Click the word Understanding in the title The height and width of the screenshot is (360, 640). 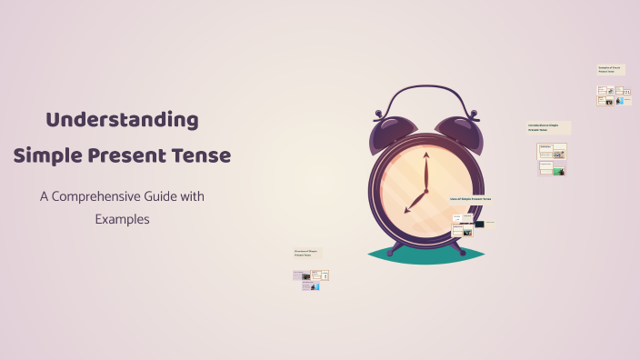(122, 119)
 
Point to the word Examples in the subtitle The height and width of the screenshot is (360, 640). (122, 219)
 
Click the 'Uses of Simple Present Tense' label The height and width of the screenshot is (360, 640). (470, 198)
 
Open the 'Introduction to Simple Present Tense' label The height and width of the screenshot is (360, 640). (548, 127)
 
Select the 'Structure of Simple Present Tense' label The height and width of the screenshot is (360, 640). (307, 253)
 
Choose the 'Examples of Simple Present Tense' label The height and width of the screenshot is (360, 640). (610, 69)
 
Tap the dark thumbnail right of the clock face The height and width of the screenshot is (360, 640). (478, 223)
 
